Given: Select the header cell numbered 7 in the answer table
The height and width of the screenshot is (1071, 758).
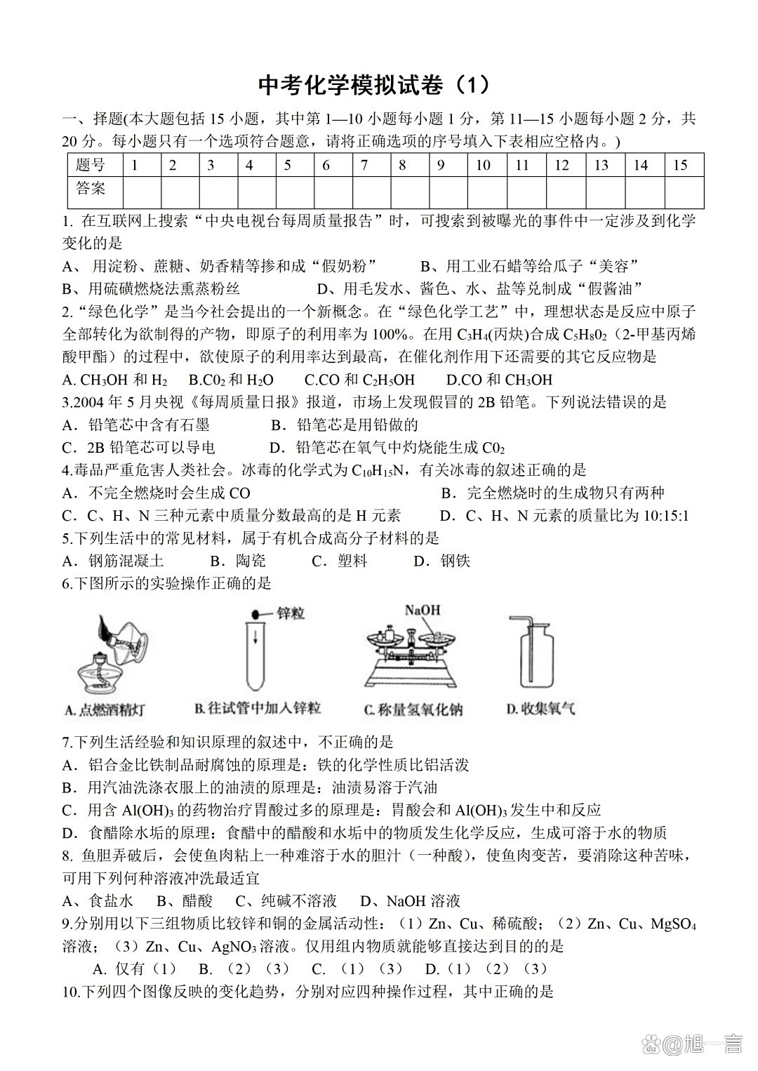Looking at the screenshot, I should (364, 166).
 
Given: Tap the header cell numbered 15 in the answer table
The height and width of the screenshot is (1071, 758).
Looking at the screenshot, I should (680, 166).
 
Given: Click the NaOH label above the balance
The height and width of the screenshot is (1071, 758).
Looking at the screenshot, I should (422, 610).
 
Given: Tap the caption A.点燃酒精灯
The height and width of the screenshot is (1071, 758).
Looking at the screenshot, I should (105, 710).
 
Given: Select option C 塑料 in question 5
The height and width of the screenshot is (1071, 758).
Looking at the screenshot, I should (340, 561).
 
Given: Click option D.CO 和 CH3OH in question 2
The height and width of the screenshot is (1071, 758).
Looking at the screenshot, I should (499, 380).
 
